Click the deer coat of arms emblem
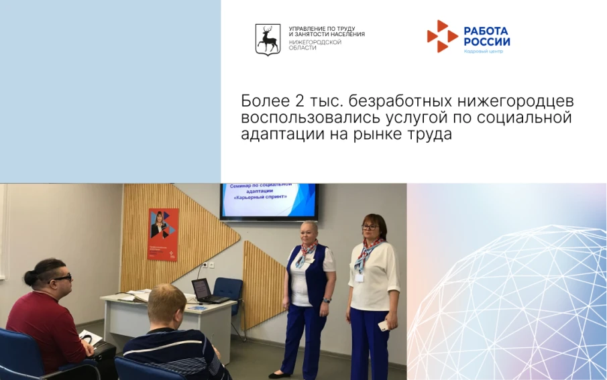(x=268, y=39)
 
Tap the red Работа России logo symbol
(x=441, y=36)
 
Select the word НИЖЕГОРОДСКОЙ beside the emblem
(x=315, y=42)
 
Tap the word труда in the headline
(x=429, y=133)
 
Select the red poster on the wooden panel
(x=163, y=234)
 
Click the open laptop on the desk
(x=202, y=290)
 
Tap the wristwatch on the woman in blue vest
(x=327, y=300)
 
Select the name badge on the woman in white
(x=361, y=275)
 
